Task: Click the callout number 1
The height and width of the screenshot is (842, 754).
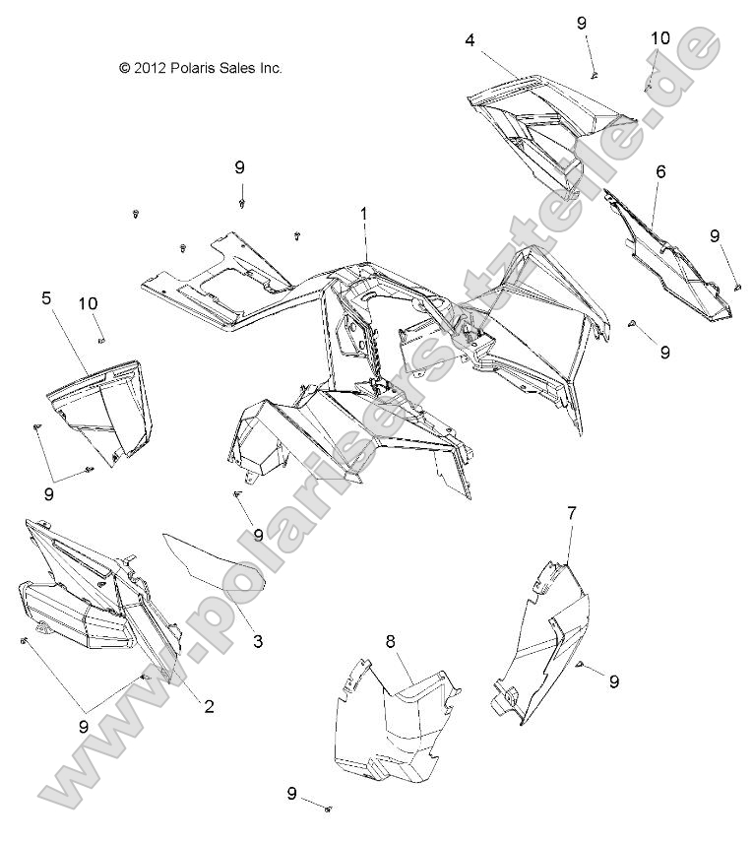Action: click(x=363, y=214)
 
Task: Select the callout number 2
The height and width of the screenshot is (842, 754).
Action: click(x=209, y=705)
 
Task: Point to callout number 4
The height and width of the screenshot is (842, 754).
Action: click(x=470, y=40)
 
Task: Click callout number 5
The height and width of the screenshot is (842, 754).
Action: click(x=46, y=296)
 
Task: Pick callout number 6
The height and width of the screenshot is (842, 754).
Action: click(x=660, y=171)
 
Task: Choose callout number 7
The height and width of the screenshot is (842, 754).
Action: click(x=571, y=512)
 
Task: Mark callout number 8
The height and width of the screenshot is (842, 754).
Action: click(x=390, y=641)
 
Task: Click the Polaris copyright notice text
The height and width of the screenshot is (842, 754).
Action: click(x=200, y=68)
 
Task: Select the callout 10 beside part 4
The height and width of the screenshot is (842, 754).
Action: click(x=660, y=38)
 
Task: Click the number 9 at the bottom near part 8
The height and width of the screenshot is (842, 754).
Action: click(x=291, y=794)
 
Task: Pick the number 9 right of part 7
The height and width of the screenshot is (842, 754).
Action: click(x=614, y=680)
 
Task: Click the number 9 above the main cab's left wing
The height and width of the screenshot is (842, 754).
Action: click(x=240, y=167)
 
